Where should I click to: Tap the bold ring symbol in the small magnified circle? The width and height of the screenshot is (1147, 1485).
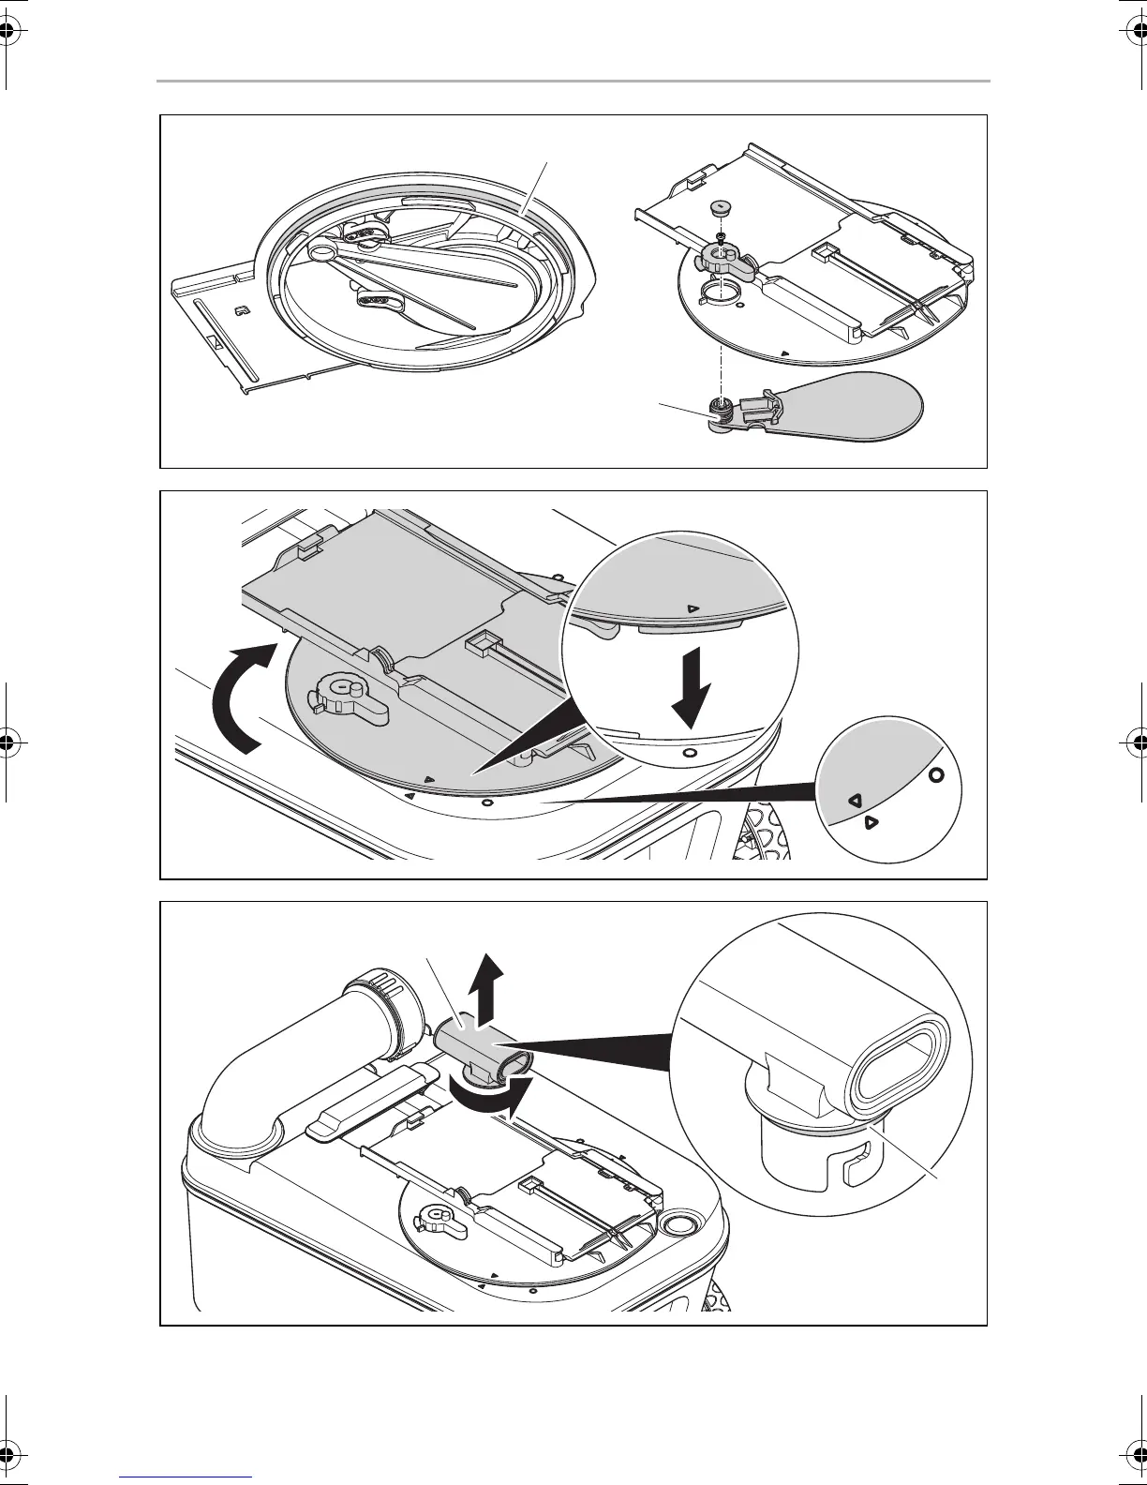pos(935,775)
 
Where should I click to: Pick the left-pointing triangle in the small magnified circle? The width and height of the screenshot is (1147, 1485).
pos(854,801)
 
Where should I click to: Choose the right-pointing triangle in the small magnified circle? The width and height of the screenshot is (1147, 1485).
pos(871,822)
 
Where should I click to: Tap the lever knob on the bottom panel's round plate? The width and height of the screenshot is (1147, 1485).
pos(437,1217)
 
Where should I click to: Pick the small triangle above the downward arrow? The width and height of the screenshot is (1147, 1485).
pos(693,607)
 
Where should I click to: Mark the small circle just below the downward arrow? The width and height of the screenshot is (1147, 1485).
pos(690,752)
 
